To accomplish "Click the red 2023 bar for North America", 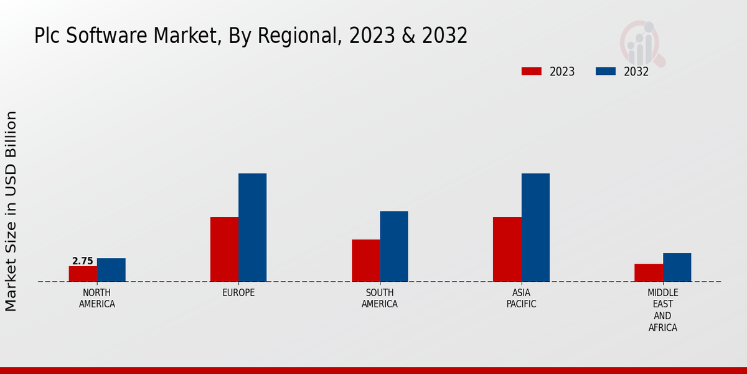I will tap(83, 274).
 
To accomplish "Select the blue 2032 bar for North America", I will tap(111, 270).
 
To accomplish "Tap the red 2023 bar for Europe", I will tap(224, 249).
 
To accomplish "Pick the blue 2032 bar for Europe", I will tap(252, 228).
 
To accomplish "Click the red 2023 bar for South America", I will tap(365, 261).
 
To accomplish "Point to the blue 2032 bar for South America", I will tap(394, 246).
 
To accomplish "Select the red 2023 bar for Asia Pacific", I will tap(507, 249).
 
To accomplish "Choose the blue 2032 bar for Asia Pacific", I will tap(535, 228).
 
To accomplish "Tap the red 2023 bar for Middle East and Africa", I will tap(649, 272).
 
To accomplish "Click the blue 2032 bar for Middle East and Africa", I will tap(677, 267).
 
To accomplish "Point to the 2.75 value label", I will tap(83, 261).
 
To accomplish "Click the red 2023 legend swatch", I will tap(531, 71).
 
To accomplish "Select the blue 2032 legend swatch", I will tap(605, 71).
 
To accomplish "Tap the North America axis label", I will tap(97, 299).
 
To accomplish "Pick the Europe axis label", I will tap(238, 292).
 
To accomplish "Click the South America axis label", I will tap(380, 299).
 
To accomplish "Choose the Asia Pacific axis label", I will tap(521, 299).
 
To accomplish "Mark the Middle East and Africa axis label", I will tap(662, 310).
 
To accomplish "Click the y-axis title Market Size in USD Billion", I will tap(11, 211).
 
